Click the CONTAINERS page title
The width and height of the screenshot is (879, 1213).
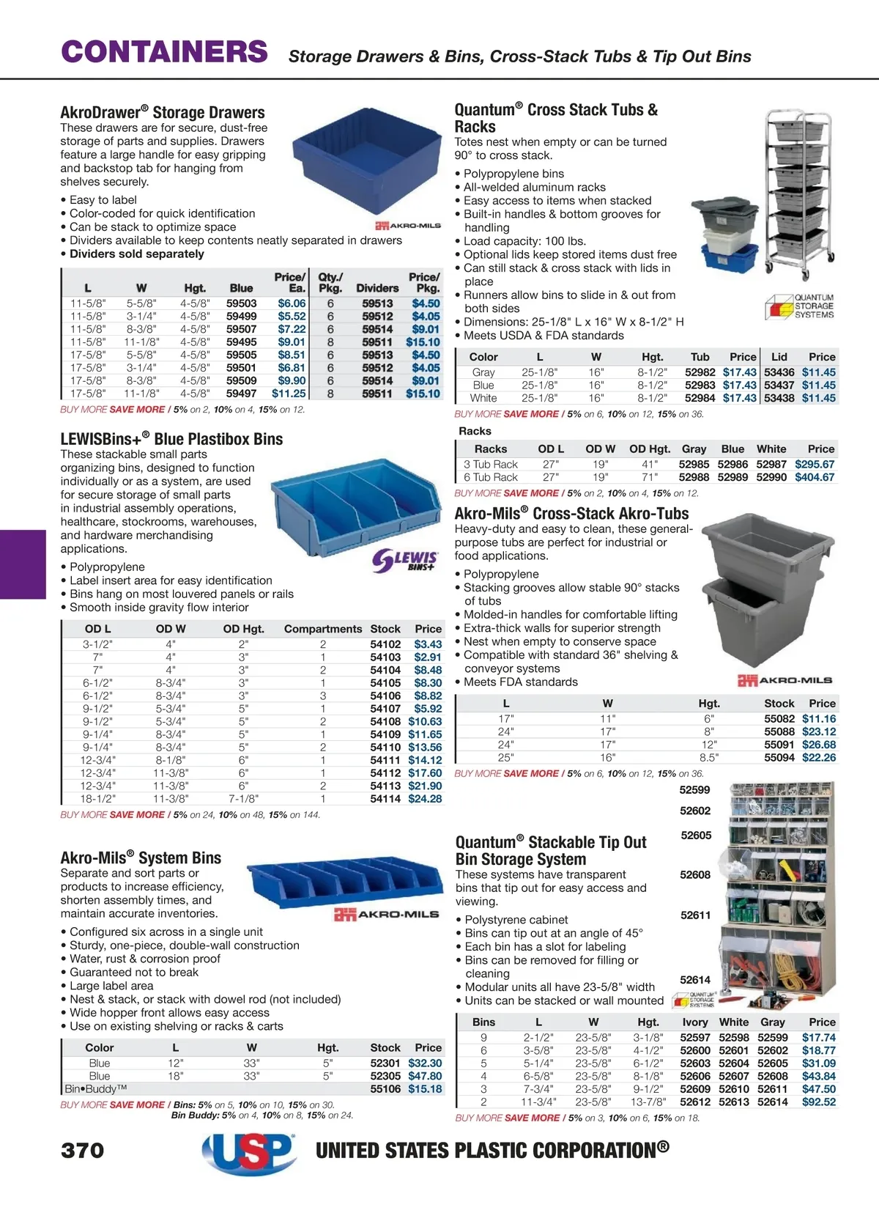click(x=164, y=52)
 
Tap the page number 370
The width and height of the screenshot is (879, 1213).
click(x=83, y=1150)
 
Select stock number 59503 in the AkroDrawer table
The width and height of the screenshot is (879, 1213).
click(x=241, y=303)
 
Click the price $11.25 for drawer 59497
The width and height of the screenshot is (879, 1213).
click(x=289, y=394)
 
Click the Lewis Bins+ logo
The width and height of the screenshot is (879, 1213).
click(x=405, y=561)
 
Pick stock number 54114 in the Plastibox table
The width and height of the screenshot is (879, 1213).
click(x=385, y=799)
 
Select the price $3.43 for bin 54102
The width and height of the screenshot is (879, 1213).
click(x=428, y=644)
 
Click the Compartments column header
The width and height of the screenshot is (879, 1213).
click(x=323, y=629)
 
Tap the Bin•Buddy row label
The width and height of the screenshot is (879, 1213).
click(x=95, y=1089)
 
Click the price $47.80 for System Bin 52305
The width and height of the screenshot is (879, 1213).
click(x=425, y=1076)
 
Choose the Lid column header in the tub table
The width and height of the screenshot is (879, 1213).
click(x=779, y=357)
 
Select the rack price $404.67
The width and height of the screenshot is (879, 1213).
click(x=815, y=477)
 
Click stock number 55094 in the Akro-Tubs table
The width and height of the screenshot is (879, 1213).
click(x=779, y=758)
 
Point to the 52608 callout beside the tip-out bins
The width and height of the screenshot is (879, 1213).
click(x=695, y=874)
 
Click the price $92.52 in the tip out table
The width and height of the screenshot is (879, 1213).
click(x=818, y=1102)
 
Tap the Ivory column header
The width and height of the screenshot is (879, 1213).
click(x=695, y=1022)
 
